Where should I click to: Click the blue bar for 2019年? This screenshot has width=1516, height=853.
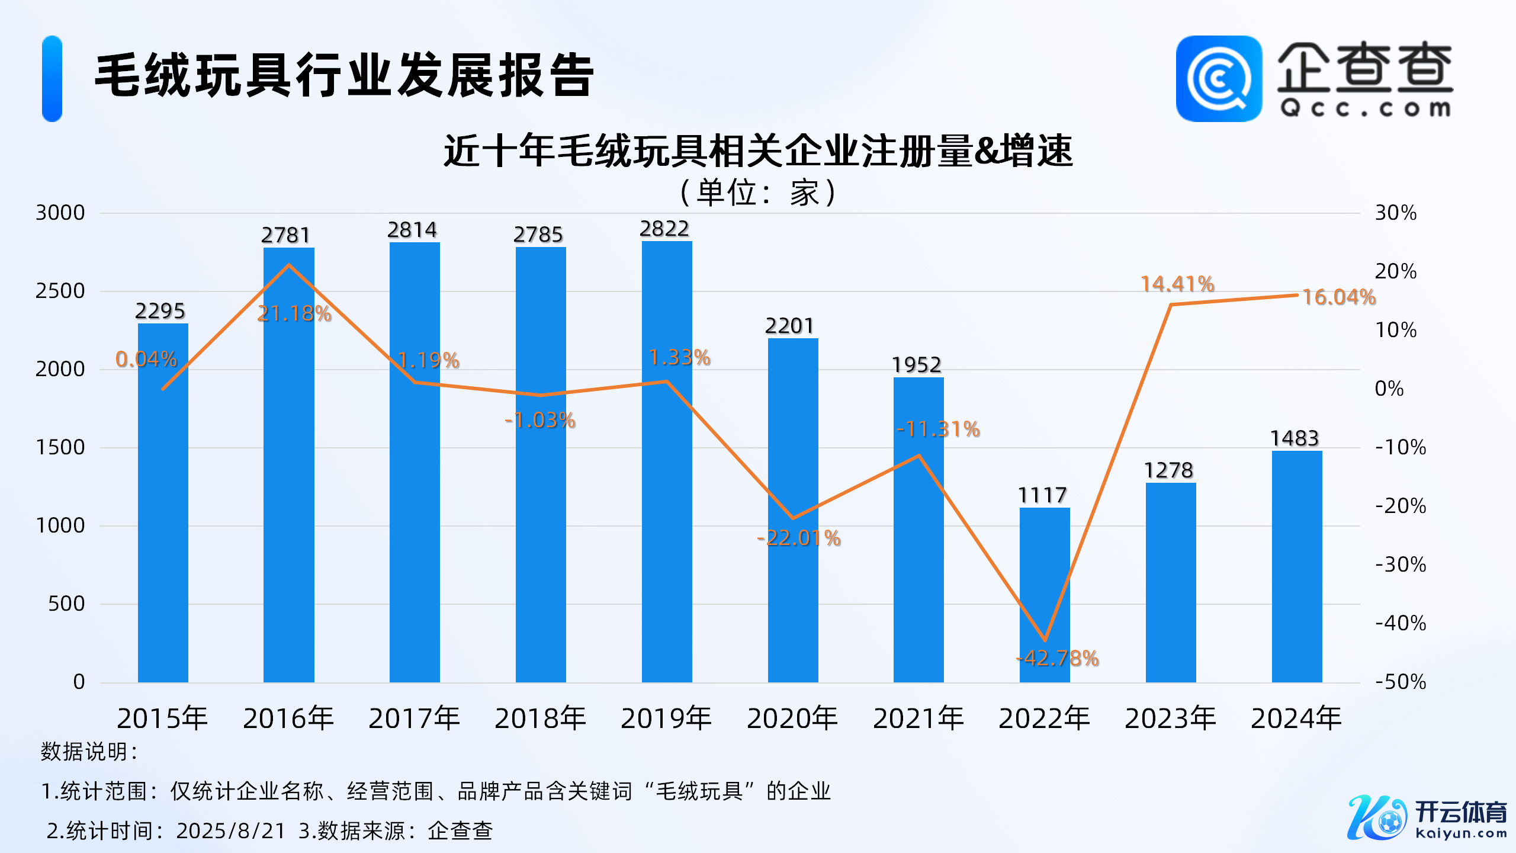(x=667, y=462)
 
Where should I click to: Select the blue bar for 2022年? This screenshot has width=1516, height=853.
(x=1045, y=595)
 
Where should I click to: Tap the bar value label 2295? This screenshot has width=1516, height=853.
(x=160, y=311)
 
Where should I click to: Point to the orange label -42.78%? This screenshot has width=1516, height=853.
(x=1058, y=658)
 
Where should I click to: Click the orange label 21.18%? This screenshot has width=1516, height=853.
(x=294, y=313)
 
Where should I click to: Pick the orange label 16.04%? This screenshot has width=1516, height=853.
(x=1339, y=297)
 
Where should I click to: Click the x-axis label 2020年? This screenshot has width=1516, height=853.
(x=792, y=719)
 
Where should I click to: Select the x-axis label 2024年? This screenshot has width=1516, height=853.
(x=1296, y=719)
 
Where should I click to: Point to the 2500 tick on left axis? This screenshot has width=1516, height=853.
(x=60, y=291)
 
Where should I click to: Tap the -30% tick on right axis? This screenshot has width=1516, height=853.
(x=1401, y=565)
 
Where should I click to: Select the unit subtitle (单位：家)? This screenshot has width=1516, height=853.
(x=758, y=193)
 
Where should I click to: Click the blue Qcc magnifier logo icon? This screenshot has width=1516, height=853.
(x=1219, y=79)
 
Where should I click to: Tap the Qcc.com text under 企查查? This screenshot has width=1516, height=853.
(x=1365, y=108)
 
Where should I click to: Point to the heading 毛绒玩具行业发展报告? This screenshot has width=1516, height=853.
(x=345, y=75)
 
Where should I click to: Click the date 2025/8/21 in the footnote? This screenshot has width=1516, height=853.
(x=231, y=831)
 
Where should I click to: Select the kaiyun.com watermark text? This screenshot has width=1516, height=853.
(x=1461, y=833)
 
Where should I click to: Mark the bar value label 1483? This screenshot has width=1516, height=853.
(x=1295, y=438)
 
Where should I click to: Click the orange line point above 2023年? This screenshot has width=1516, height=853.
(x=1171, y=304)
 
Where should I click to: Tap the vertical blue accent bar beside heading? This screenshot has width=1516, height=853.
(x=52, y=79)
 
